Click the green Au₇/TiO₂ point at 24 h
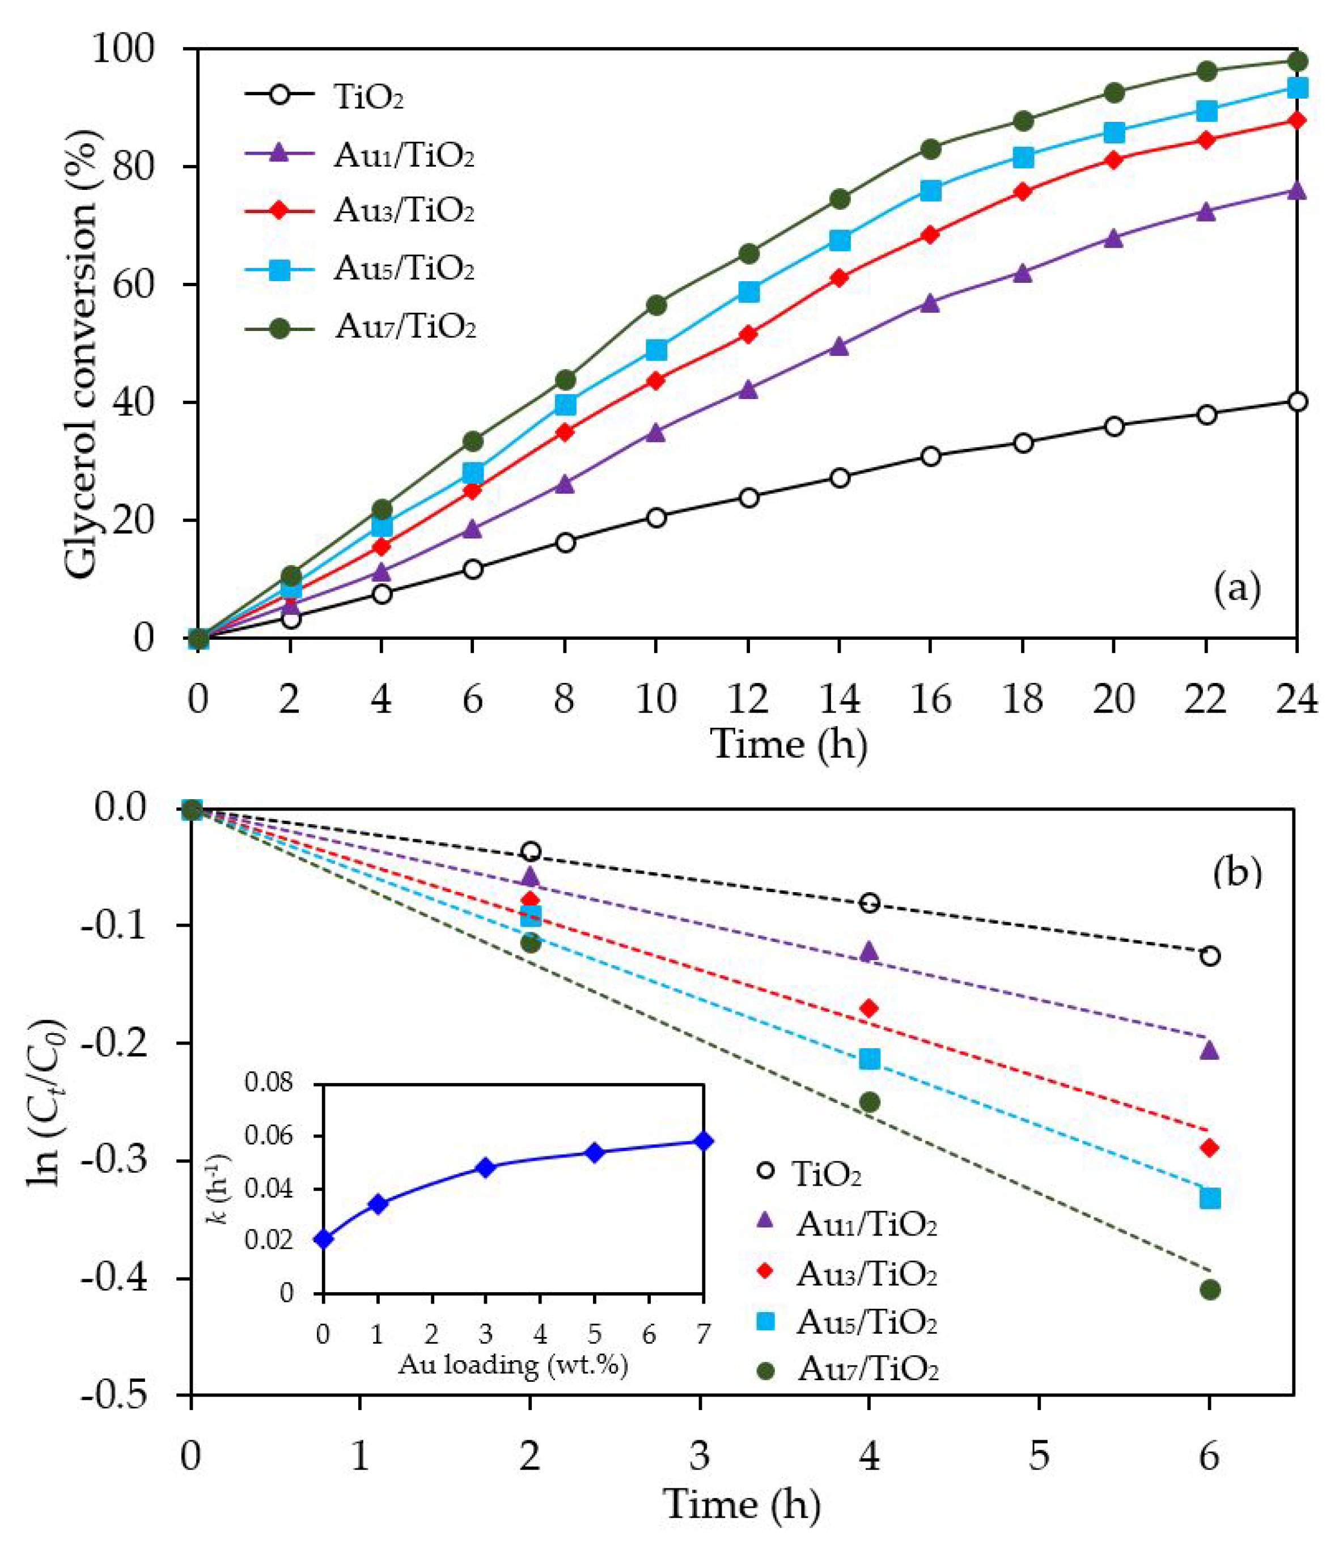point(1298,61)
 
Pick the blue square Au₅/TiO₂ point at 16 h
point(931,190)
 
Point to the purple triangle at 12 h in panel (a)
point(748,389)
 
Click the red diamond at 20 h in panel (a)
point(1114,159)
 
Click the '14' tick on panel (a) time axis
point(839,699)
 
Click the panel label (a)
point(1238,588)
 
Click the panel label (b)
point(1238,873)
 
